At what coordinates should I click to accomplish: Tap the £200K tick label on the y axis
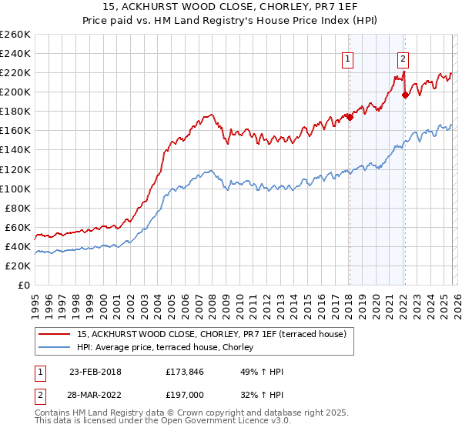pos(15,92)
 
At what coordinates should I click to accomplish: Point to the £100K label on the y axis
pos(15,189)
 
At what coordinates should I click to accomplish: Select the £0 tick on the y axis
pos(25,285)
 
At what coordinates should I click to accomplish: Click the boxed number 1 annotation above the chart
pos(348,58)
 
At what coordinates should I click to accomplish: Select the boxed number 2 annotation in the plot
pos(403,58)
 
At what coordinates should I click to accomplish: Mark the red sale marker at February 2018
pos(349,117)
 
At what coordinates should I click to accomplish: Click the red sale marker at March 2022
pos(405,95)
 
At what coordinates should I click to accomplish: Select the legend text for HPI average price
pos(171,348)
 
